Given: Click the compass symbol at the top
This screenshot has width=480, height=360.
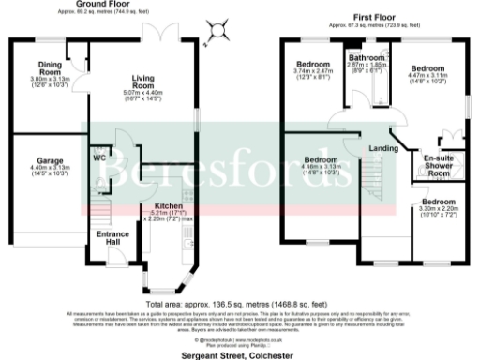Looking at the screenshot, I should click(x=220, y=30).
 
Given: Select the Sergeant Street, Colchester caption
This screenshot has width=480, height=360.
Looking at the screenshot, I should click(x=240, y=355).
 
